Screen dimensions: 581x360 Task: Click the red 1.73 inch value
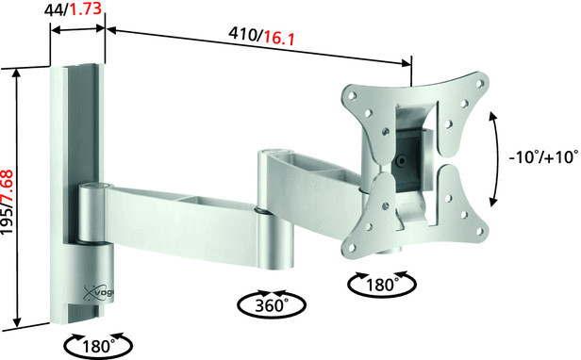click(x=86, y=8)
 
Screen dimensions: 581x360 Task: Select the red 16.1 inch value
click(x=279, y=38)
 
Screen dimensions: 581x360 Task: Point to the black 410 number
click(x=243, y=34)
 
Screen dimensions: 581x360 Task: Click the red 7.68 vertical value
click(x=8, y=190)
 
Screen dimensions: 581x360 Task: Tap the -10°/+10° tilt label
click(x=543, y=157)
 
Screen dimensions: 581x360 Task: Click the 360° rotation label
click(x=272, y=305)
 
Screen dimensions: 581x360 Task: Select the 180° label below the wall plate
click(x=98, y=347)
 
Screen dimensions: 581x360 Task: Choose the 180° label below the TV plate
click(x=382, y=285)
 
